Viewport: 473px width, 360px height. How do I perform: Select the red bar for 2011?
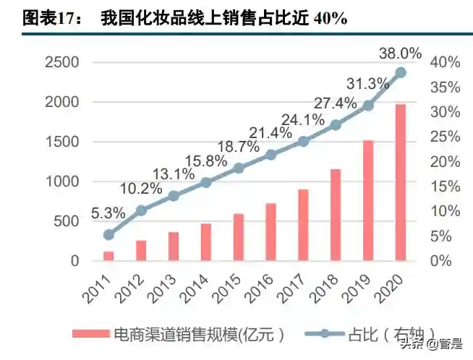pyautogui.click(x=108, y=255)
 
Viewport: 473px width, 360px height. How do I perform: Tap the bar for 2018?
pyautogui.click(x=336, y=214)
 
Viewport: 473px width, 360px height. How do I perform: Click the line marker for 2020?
pyautogui.click(x=401, y=72)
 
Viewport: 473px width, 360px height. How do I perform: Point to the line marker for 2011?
pyautogui.click(x=108, y=234)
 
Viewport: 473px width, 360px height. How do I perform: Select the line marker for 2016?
pyautogui.click(x=270, y=154)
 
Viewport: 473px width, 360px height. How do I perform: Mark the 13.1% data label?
pyautogui.click(x=174, y=173)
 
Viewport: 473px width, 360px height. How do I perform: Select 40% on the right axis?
pyautogui.click(x=445, y=62)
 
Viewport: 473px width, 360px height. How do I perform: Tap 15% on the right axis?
pyautogui.click(x=445, y=187)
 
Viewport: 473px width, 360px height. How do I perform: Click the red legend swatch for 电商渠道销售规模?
pyautogui.click(x=91, y=333)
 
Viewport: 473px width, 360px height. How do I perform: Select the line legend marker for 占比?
pyautogui.click(x=325, y=333)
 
